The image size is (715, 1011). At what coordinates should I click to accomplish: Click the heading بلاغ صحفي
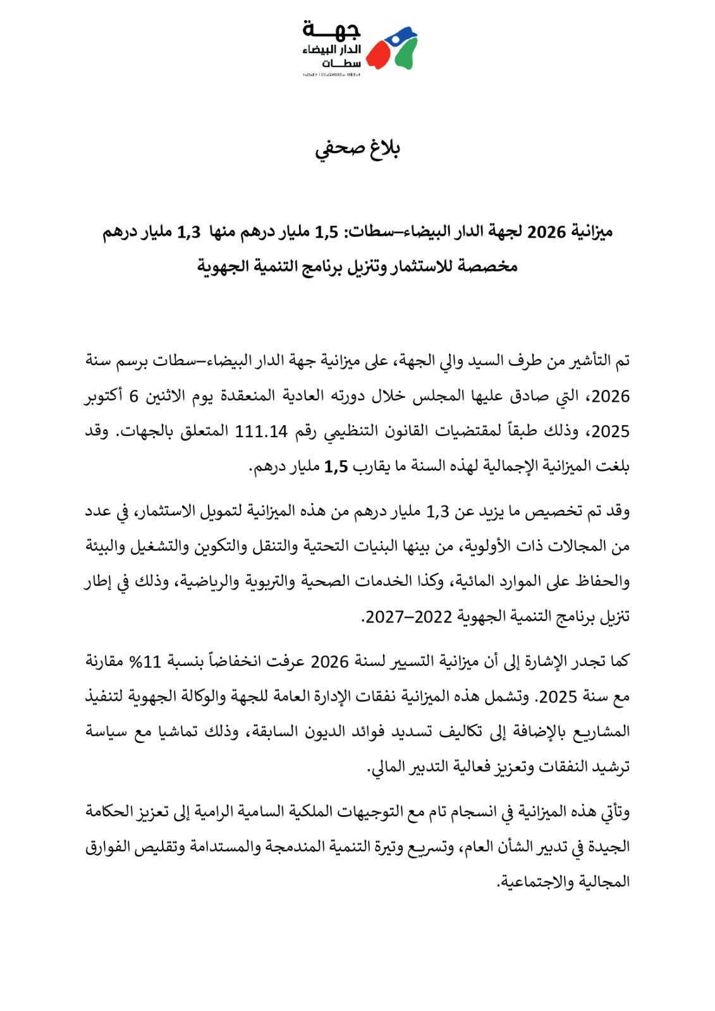(x=357, y=149)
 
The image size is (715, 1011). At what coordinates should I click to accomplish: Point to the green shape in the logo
(x=406, y=54)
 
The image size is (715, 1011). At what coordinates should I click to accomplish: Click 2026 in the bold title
(x=546, y=233)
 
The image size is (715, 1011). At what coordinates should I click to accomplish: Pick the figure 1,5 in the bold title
(x=327, y=233)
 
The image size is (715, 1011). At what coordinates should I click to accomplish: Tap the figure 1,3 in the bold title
(x=188, y=233)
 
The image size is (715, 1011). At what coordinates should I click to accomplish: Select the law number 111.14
(x=261, y=432)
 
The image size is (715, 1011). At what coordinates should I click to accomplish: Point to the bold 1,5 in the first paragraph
(x=336, y=467)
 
